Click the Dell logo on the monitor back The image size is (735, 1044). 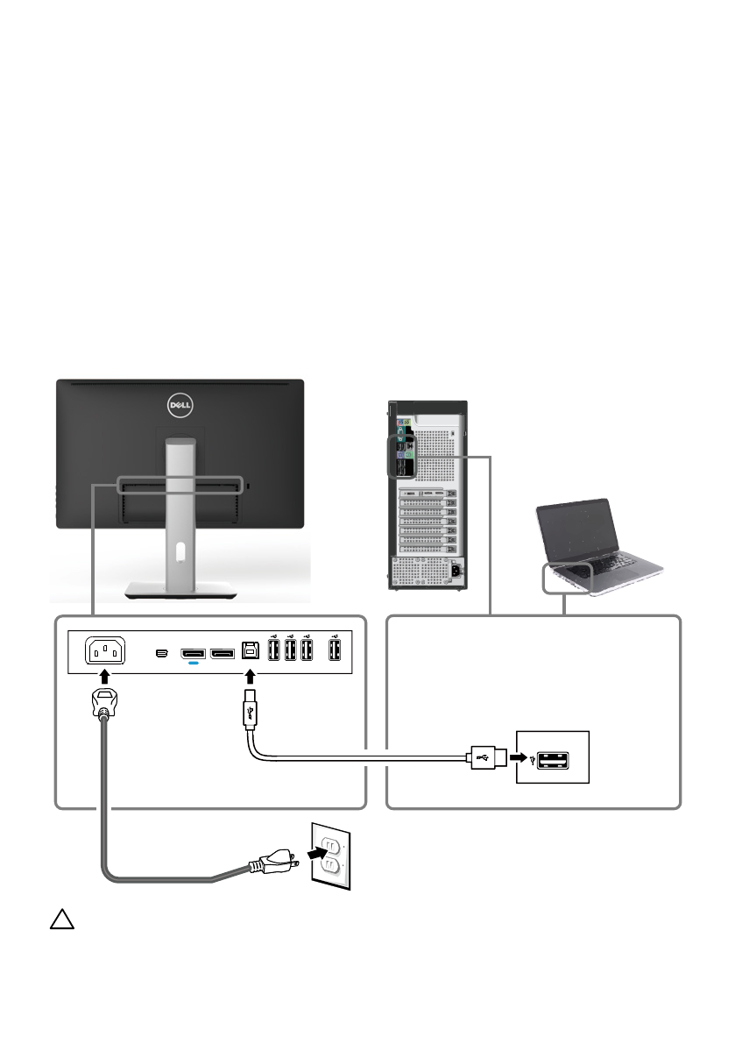coord(180,406)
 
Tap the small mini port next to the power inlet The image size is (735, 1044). coord(159,653)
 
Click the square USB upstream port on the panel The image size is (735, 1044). coord(251,651)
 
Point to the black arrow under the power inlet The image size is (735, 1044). coord(105,677)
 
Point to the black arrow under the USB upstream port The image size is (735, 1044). coord(251,677)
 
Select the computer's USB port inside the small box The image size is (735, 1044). coord(554,756)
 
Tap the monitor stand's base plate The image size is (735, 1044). coord(180,590)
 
